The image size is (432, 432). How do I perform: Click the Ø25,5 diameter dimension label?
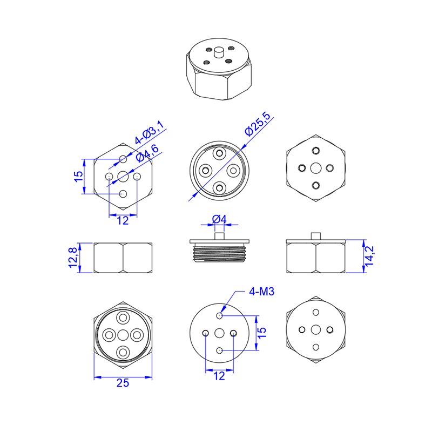pyautogui.click(x=258, y=124)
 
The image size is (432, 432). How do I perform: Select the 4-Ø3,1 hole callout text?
pyautogui.click(x=150, y=132)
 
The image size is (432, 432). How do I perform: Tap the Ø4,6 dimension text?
pyautogui.click(x=147, y=153)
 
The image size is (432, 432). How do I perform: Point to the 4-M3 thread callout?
pyautogui.click(x=262, y=292)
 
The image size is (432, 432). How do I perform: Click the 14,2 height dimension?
pyautogui.click(x=369, y=256)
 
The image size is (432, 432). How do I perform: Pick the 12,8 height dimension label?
pyautogui.click(x=72, y=258)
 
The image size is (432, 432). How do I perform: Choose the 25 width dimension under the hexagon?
pyautogui.click(x=123, y=383)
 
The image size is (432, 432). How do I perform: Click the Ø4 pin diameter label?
pyautogui.click(x=219, y=219)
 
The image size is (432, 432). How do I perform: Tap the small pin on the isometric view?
pyautogui.click(x=219, y=52)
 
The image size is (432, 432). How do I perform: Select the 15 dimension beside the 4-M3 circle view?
pyautogui.click(x=262, y=333)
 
